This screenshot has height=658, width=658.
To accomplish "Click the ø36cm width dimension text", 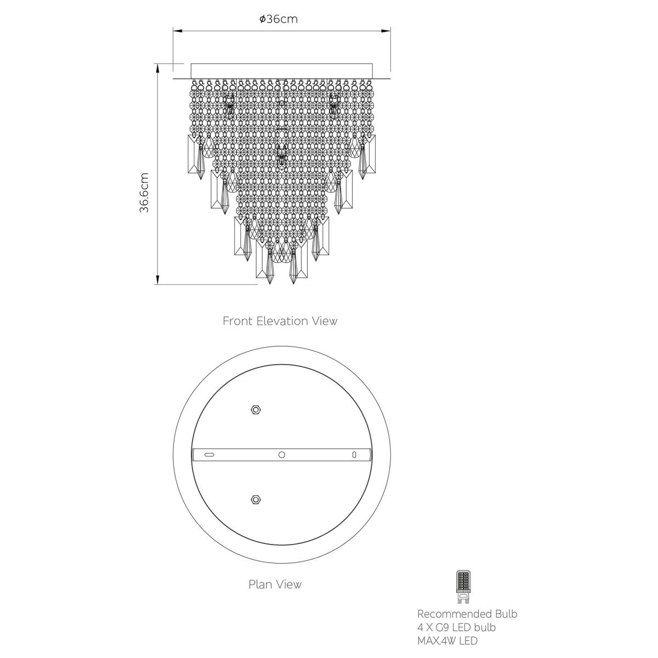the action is pyautogui.click(x=279, y=19).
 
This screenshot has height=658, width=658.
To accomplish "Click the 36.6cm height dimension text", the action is pyautogui.click(x=144, y=192).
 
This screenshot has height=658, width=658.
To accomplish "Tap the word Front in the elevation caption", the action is pyautogui.click(x=237, y=321).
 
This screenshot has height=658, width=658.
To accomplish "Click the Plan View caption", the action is pyautogui.click(x=275, y=584).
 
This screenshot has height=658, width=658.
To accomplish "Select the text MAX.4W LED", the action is pyautogui.click(x=447, y=640).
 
